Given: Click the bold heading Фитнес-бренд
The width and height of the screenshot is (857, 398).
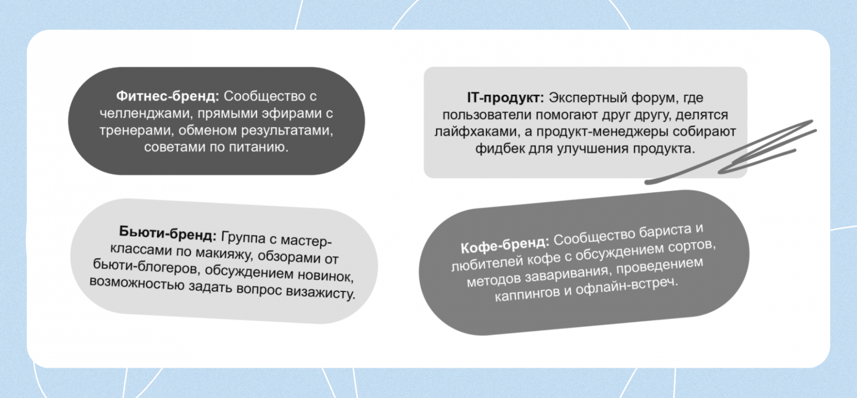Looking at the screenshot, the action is [x=168, y=96].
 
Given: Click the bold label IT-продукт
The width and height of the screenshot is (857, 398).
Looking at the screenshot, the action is [x=505, y=98].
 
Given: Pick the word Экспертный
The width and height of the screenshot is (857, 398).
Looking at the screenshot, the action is [x=588, y=98].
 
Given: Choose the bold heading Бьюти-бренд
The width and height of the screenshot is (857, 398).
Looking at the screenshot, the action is [x=168, y=232].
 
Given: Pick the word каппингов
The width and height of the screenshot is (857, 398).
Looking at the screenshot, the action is [x=528, y=295].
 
